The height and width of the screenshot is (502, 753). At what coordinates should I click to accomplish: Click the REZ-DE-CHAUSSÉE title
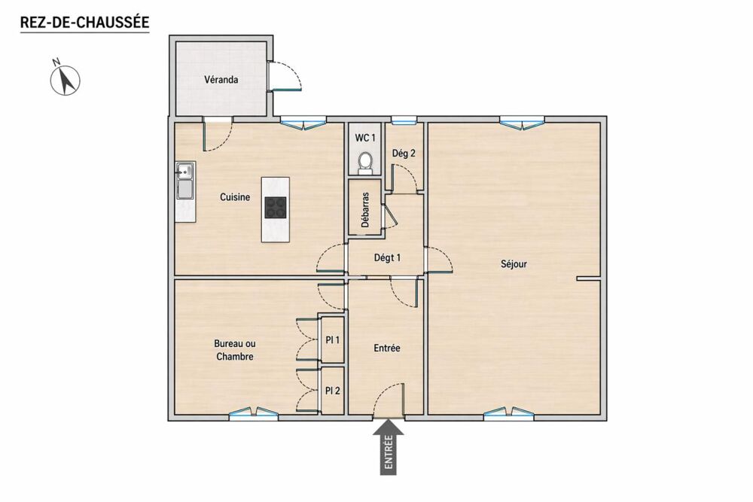[x=84, y=22]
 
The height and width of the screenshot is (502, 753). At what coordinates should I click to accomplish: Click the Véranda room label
[x=221, y=79]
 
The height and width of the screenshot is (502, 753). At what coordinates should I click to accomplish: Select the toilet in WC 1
[x=365, y=162]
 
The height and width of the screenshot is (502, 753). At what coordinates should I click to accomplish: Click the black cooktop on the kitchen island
[x=275, y=207]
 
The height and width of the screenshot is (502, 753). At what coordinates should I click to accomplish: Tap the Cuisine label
[x=235, y=196]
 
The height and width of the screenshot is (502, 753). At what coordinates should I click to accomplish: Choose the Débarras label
[x=365, y=210]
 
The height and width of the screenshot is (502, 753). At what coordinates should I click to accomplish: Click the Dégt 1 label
[x=387, y=257]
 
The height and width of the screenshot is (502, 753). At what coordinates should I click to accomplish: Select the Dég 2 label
[x=404, y=154]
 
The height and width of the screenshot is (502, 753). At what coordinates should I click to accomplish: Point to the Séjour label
[x=514, y=264]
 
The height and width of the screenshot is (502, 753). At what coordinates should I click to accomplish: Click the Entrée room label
[x=386, y=348]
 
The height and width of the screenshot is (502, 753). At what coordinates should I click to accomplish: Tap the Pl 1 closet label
[x=332, y=339]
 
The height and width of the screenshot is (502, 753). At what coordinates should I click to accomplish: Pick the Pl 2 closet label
[x=332, y=391]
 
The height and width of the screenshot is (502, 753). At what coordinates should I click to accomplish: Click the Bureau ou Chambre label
[x=235, y=350]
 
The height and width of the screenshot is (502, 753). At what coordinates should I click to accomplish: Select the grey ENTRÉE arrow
[x=389, y=447]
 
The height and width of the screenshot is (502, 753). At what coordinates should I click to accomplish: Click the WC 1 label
[x=365, y=138]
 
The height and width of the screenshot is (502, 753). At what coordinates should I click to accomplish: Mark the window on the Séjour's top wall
[x=522, y=122]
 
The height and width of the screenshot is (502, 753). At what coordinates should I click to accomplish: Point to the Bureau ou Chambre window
[x=253, y=414]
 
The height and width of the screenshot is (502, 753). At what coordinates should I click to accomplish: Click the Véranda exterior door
[x=284, y=76]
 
